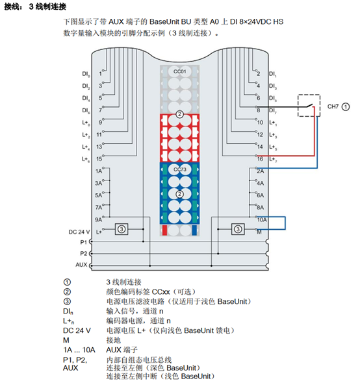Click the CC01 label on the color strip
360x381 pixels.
(x=179, y=71)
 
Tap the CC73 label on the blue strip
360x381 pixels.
(x=180, y=169)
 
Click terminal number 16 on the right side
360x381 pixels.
(x=260, y=159)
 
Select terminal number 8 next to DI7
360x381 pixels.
(x=259, y=110)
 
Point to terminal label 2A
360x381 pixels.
(x=261, y=171)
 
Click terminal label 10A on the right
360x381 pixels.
(x=262, y=219)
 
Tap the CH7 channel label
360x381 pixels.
(x=333, y=106)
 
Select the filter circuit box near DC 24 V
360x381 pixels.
(x=122, y=229)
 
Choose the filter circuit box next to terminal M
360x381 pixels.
(x=238, y=229)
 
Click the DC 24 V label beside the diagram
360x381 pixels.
(x=79, y=232)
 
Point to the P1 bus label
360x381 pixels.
(x=83, y=242)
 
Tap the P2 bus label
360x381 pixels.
(x=83, y=253)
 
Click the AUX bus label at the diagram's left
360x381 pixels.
(x=81, y=265)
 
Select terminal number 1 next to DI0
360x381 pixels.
(x=100, y=73)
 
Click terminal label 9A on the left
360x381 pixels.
(x=98, y=219)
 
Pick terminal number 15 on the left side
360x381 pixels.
(x=99, y=159)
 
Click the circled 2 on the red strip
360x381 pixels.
(x=179, y=114)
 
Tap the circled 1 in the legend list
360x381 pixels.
(x=67, y=282)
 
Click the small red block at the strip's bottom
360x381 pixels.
(x=164, y=230)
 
